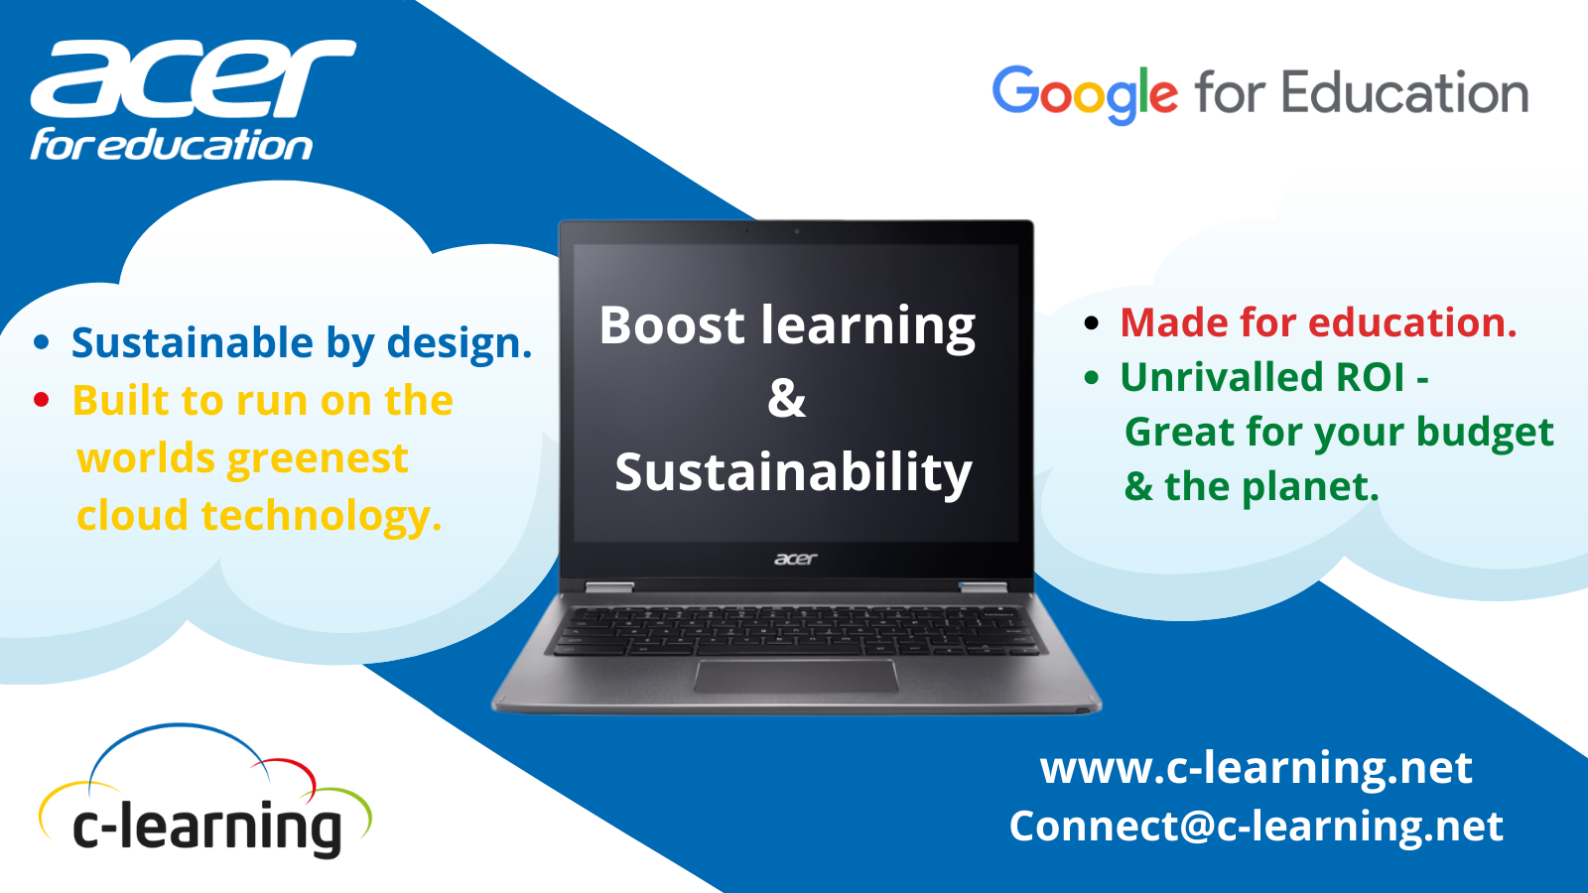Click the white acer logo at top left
(193, 78)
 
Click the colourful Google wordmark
(1085, 95)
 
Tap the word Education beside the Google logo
(1404, 92)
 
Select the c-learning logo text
(206, 828)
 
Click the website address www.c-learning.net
(1257, 768)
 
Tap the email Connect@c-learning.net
(1257, 826)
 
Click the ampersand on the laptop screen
(787, 398)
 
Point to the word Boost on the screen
(672, 325)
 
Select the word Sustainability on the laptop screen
(793, 472)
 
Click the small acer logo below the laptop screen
(795, 560)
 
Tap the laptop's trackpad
(796, 676)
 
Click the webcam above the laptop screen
(796, 231)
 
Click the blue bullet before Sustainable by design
(42, 343)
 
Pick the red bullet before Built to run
(41, 400)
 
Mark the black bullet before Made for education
(1092, 323)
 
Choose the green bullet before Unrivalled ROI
(1092, 377)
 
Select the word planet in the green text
(1310, 487)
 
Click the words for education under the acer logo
(171, 145)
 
